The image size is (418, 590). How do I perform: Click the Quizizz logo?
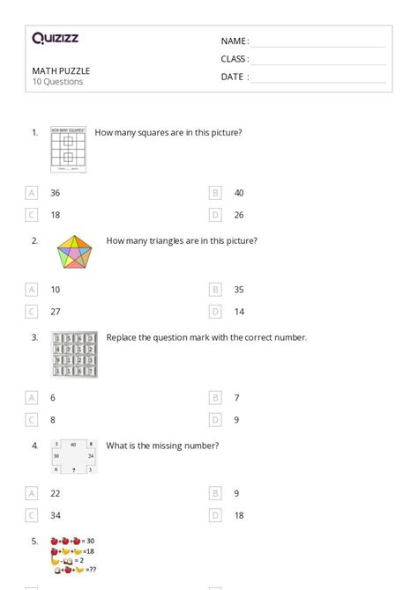pyautogui.click(x=55, y=38)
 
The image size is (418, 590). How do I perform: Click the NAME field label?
pyautogui.click(x=234, y=41)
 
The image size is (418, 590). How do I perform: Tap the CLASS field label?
pyautogui.click(x=235, y=59)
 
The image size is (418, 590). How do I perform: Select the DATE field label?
pyautogui.click(x=234, y=77)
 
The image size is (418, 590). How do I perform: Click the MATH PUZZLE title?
pyautogui.click(x=61, y=70)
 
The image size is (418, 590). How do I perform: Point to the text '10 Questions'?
pyautogui.click(x=57, y=82)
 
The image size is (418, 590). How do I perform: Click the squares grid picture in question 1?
pyautogui.click(x=67, y=149)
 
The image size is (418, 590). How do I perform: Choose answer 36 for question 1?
pyautogui.click(x=55, y=192)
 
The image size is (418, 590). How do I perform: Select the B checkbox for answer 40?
pyautogui.click(x=215, y=192)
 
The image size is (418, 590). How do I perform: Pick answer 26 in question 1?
pyautogui.click(x=239, y=214)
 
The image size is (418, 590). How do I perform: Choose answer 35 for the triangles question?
pyautogui.click(x=239, y=289)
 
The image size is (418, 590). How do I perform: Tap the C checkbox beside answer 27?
pyautogui.click(x=32, y=311)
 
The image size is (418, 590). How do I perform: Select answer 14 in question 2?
pyautogui.click(x=239, y=311)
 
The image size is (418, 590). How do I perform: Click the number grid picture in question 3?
pyautogui.click(x=74, y=354)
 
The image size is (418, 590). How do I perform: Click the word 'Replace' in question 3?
pyautogui.click(x=122, y=337)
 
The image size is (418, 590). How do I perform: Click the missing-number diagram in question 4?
pyautogui.click(x=74, y=457)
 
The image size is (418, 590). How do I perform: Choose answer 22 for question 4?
pyautogui.click(x=55, y=493)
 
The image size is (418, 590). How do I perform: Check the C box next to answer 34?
pyautogui.click(x=32, y=515)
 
